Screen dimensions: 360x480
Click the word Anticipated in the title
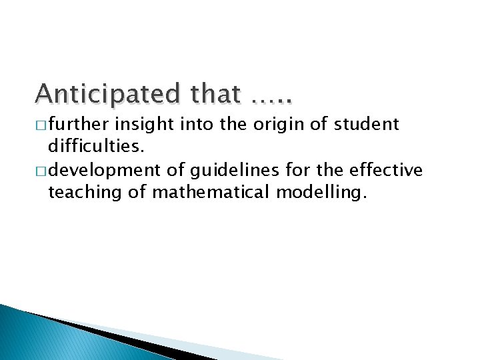pyautogui.click(x=109, y=94)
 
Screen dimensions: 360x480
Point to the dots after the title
pyautogui.click(x=273, y=100)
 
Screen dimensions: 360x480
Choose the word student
pyautogui.click(x=367, y=125)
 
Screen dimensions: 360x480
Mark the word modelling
pyautogui.click(x=327, y=193)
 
